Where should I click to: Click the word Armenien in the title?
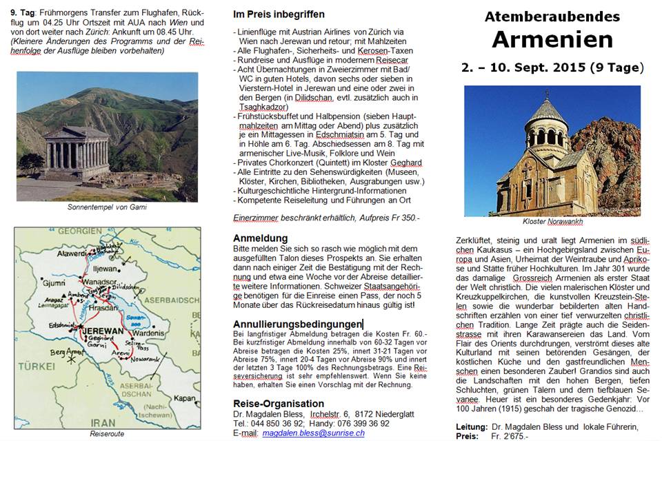click(x=552, y=40)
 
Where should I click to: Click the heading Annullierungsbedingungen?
click(x=298, y=324)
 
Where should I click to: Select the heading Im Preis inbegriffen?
click(x=279, y=14)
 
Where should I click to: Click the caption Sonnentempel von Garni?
click(x=107, y=207)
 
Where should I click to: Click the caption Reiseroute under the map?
click(x=107, y=434)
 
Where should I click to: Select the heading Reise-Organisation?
click(x=279, y=403)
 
